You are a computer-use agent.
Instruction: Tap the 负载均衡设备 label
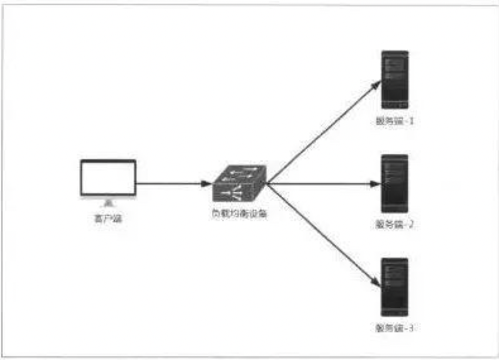coord(239,213)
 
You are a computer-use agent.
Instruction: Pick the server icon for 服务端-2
coord(395,183)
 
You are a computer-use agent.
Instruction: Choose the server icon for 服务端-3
coord(395,287)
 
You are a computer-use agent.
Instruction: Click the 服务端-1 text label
coord(395,120)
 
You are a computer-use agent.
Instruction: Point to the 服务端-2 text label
coord(395,224)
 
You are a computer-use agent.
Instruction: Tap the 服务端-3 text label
coord(395,328)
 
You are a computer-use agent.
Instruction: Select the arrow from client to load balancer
coord(171,184)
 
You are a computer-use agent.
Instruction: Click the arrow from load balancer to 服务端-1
coord(322,133)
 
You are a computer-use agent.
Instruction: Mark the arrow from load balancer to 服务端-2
coord(322,184)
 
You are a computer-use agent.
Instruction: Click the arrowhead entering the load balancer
coord(207,184)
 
